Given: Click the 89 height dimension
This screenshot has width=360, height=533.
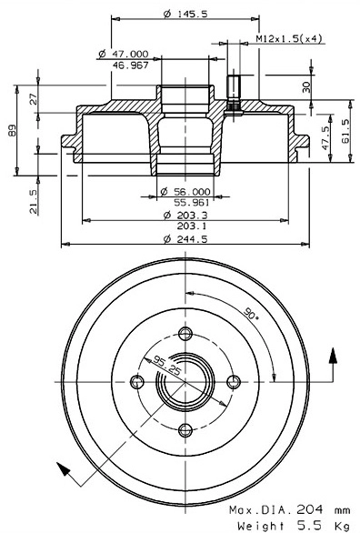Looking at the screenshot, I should click(11, 133).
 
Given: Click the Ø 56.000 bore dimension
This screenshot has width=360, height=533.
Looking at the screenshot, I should click(185, 192).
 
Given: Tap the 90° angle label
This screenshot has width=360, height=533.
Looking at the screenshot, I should click(252, 317).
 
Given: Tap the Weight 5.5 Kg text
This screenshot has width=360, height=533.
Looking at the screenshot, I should click(290, 525).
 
